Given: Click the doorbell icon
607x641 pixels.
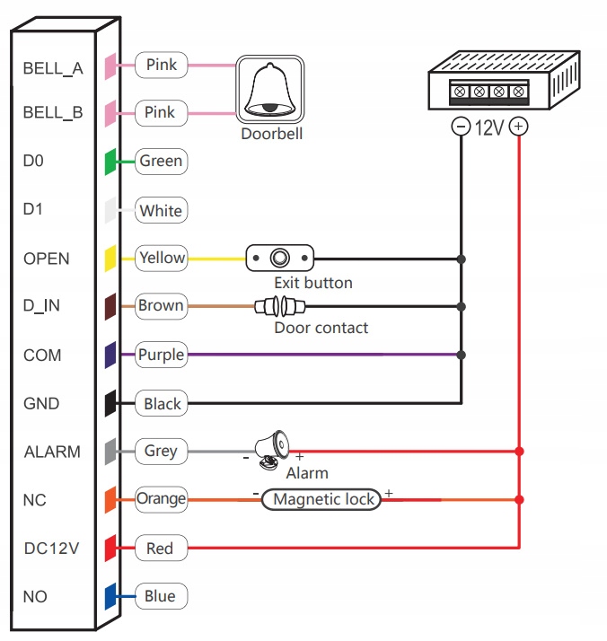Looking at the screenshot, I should pos(270,90).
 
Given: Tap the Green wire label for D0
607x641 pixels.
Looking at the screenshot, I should pos(161,162).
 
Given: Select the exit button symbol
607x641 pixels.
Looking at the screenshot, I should pos(280,259).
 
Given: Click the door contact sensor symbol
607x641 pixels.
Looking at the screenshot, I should pos(277,307).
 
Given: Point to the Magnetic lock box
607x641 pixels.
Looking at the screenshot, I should pos(321,500).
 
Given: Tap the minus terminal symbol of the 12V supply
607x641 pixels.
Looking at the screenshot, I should pos(461,127).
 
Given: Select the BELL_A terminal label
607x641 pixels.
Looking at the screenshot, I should pos(53,67).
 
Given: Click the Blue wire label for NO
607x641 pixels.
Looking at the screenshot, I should pos(160,596).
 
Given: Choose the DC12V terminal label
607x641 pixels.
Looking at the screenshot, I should pos(52,548).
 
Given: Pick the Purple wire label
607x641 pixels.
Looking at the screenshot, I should pos(161,355).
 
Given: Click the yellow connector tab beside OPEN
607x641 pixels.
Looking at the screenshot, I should pos(110,259).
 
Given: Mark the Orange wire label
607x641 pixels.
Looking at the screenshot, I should pos(161,499).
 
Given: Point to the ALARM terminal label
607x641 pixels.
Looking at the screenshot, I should pos(51,452).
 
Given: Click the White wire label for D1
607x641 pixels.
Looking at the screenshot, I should pos(161,211).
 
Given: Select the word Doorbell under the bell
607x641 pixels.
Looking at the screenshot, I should pos(271,135).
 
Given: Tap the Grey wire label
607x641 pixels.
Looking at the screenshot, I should pos(161,452).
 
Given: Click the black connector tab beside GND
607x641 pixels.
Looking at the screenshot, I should pos(110,404).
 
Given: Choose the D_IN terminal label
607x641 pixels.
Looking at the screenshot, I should pos(41,307).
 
